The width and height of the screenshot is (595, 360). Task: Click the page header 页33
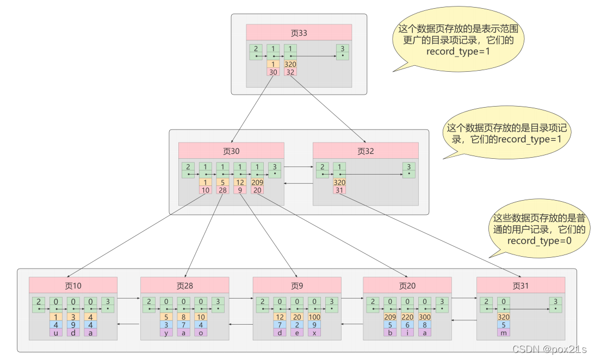point(299,33)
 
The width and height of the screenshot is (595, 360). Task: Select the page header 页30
point(231,151)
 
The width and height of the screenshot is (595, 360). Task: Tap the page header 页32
point(365,151)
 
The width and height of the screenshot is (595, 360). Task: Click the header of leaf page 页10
point(73,285)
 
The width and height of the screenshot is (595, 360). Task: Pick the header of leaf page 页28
point(185,285)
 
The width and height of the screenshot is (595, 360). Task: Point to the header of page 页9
point(297,285)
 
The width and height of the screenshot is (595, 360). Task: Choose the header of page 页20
point(407,285)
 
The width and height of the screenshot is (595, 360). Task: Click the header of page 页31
point(520,285)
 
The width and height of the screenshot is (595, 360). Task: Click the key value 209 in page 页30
point(258,182)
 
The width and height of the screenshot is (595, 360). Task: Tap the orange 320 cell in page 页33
point(290,64)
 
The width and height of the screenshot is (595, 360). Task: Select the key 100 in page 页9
point(314,317)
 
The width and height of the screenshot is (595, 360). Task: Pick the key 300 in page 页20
point(425,317)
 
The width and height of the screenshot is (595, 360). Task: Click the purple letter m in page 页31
point(503,332)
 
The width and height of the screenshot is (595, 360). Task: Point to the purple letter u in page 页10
point(56,332)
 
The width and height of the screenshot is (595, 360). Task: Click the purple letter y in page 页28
point(167,332)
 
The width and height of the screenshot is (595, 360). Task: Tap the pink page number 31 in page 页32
point(339,190)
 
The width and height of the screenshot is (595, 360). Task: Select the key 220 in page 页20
point(407,317)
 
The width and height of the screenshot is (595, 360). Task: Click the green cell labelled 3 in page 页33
point(342,48)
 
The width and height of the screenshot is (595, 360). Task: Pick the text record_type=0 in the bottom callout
point(539,240)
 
